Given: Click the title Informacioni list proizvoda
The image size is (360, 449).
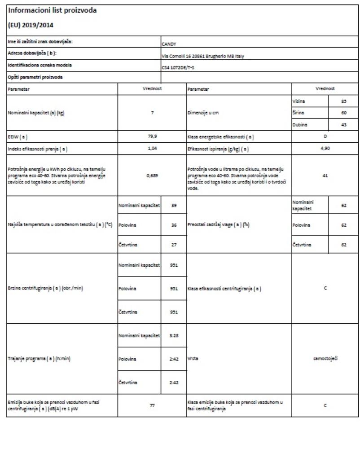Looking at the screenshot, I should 52,10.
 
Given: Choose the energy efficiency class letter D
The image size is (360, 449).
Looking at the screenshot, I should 325,135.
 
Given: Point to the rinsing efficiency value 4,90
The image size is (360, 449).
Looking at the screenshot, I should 325,146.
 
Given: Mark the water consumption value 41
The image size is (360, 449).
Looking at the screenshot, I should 325,176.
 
